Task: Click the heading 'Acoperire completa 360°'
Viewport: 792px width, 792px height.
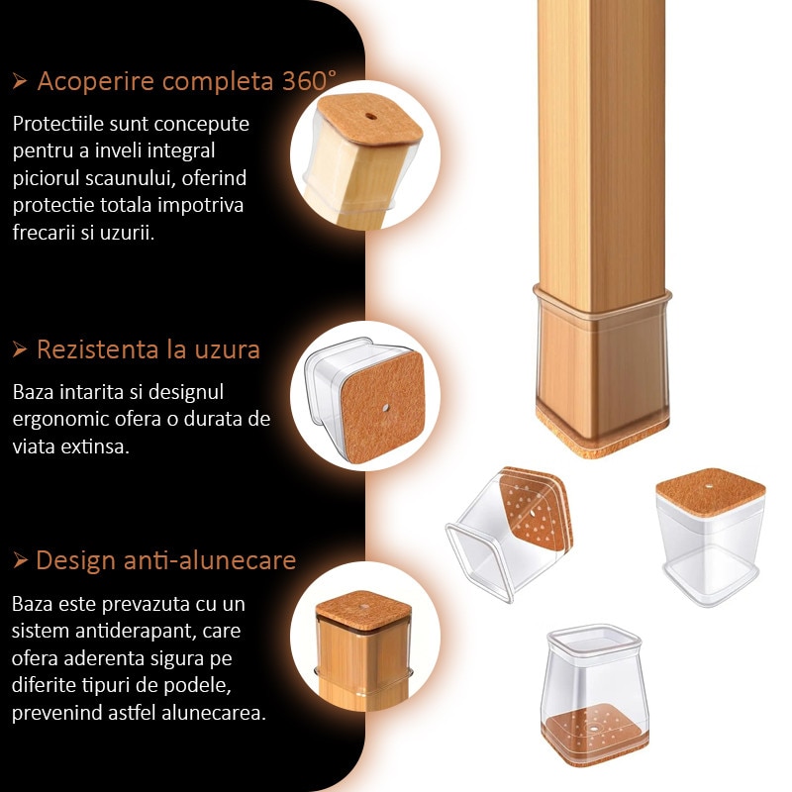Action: point(186,81)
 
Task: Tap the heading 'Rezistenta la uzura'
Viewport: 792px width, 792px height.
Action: point(148,349)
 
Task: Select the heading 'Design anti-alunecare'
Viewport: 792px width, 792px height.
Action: point(166,560)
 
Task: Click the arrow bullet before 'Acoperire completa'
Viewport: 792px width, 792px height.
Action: point(20,81)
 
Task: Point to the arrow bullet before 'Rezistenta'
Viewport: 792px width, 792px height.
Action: point(20,349)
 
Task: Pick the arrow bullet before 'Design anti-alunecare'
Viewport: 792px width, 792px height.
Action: point(20,560)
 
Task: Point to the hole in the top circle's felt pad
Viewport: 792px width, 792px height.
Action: point(371,117)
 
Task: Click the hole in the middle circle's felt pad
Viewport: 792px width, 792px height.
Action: point(386,407)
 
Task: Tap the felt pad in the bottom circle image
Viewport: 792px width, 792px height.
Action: point(363,610)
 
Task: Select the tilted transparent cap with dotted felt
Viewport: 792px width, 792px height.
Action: point(509,534)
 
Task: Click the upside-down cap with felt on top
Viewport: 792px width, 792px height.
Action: point(711,537)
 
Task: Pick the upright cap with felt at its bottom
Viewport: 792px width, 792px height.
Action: point(594,695)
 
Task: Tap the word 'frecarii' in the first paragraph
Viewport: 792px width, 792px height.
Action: point(42,233)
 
